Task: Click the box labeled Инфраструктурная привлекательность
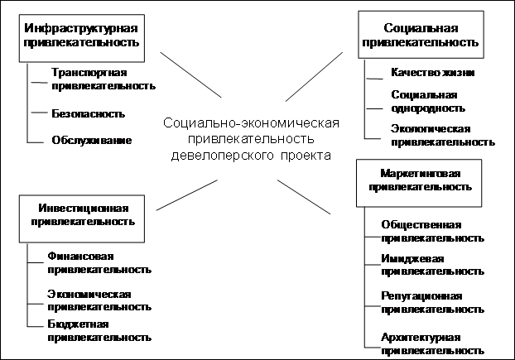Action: pos(82,38)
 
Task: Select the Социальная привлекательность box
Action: pos(421,35)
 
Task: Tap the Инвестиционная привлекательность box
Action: pos(82,218)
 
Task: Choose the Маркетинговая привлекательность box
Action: pos(419,183)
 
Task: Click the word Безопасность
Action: pos(89,114)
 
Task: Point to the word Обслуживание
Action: pos(92,140)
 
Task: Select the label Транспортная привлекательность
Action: pos(103,79)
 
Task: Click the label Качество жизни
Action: pos(432,72)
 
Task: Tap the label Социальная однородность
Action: pos(428,102)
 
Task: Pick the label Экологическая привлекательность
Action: pos(443,136)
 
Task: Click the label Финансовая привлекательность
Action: pos(99,263)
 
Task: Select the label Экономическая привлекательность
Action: pos(99,300)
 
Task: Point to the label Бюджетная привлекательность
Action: pos(99,331)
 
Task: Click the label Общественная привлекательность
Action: pos(432,232)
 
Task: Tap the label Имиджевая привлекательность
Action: pos(432,265)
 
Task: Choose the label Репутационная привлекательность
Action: pos(432,303)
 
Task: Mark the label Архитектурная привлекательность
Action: pos(432,344)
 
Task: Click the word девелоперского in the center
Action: pos(222,156)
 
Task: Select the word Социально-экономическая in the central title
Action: pos(251,123)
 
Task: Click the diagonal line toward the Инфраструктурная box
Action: pos(190,74)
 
